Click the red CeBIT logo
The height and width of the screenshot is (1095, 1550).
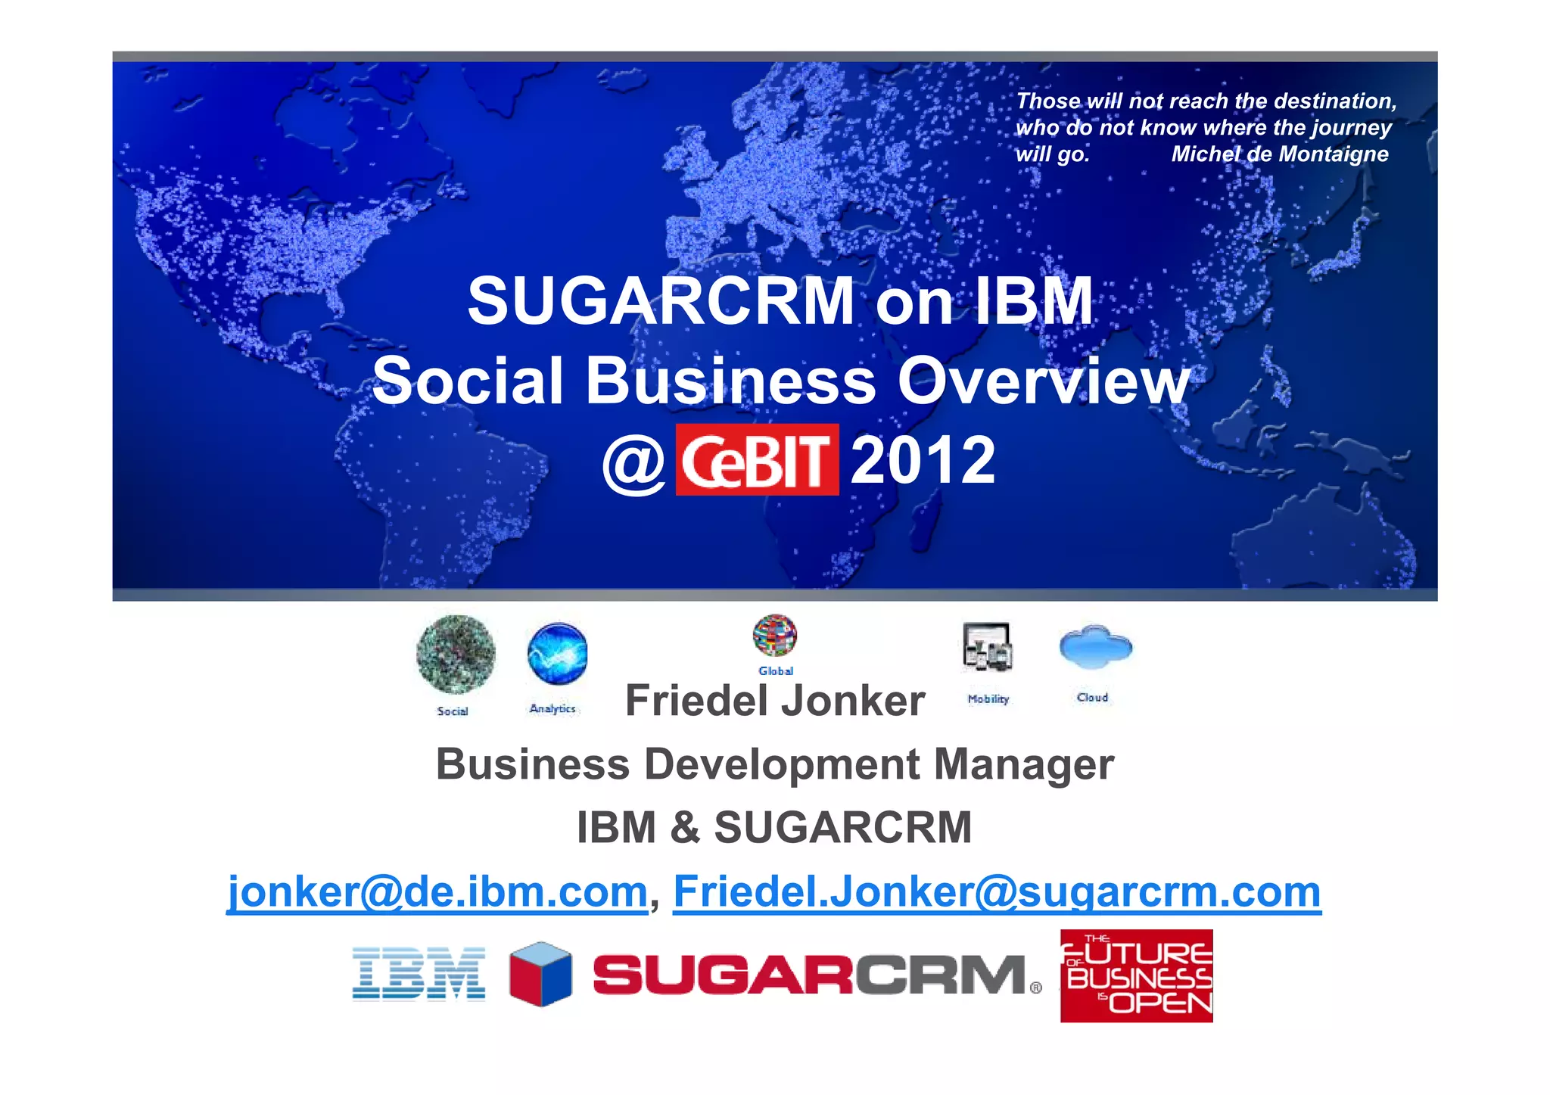pos(757,460)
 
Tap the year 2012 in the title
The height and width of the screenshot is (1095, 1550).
pos(923,460)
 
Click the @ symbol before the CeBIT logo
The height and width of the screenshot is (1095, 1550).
pos(633,463)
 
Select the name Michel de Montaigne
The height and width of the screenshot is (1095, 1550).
pos(1280,154)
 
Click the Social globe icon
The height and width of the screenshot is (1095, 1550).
pos(456,655)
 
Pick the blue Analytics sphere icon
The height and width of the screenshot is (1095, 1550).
pos(558,653)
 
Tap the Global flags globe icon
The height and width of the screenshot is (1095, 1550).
pos(775,636)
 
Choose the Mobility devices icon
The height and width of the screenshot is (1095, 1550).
pos(988,647)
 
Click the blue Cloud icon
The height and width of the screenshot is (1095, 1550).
pos(1095,647)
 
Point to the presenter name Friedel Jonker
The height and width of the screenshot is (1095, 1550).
pos(775,701)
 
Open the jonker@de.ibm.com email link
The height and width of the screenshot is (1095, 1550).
pos(437,891)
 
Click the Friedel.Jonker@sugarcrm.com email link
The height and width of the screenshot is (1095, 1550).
pos(997,891)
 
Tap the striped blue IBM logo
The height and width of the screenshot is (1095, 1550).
pos(419,974)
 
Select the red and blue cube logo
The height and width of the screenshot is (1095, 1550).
pos(540,974)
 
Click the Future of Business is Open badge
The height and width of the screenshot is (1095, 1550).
pos(1136,976)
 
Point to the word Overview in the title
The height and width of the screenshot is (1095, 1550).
pos(1043,381)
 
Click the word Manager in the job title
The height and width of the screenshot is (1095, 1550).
pos(1023,764)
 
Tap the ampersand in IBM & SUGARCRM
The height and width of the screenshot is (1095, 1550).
pos(685,827)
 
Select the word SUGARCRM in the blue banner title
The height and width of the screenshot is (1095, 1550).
pos(661,301)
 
